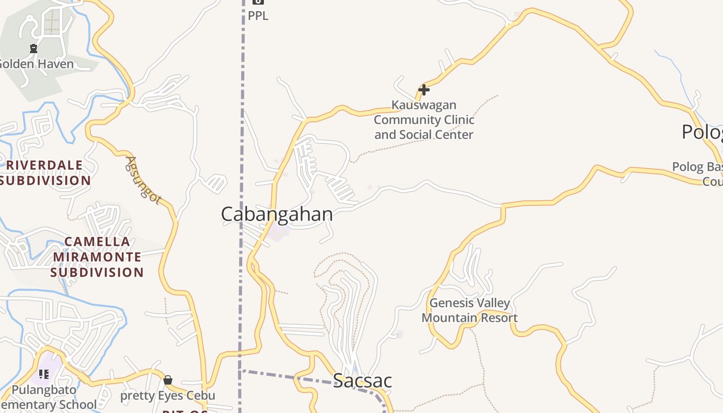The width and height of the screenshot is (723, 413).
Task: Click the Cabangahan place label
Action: point(277,214)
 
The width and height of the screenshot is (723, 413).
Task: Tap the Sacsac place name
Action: point(363,380)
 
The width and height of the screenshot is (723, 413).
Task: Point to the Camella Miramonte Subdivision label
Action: point(97,257)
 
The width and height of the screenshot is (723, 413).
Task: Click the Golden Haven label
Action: point(36,65)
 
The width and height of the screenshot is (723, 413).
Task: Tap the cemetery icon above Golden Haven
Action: point(34,49)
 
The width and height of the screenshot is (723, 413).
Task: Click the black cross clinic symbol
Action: point(424,90)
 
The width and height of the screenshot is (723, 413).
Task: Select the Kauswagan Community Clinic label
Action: point(423,120)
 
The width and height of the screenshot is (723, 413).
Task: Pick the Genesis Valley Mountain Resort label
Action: point(469,310)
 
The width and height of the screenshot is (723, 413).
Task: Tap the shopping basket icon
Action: point(168,380)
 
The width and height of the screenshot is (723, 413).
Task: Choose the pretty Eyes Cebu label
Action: point(168,396)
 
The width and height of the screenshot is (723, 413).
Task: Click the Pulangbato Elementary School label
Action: point(49,397)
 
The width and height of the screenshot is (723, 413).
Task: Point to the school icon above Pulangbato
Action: point(44,374)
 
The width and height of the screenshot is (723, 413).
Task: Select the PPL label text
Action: point(258,16)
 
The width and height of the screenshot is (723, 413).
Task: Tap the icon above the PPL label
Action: point(258,2)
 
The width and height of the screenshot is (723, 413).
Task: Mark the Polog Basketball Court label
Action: point(697,174)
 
